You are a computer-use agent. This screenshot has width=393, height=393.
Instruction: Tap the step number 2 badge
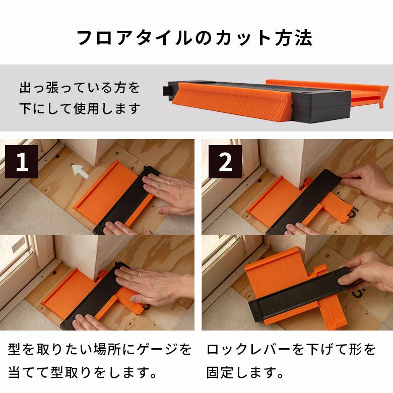[225, 161]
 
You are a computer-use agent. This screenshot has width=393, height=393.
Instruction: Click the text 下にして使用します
[80, 108]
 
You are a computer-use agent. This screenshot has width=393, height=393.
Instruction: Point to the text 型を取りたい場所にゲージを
[100, 349]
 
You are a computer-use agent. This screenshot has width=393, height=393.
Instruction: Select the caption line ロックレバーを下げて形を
[291, 349]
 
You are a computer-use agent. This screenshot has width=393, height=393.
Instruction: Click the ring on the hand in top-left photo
[169, 183]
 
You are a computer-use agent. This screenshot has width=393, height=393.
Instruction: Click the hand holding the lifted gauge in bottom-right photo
[368, 272]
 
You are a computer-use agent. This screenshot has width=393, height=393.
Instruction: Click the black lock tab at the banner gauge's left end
[167, 90]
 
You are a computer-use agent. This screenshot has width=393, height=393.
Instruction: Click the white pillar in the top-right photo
[282, 161]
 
